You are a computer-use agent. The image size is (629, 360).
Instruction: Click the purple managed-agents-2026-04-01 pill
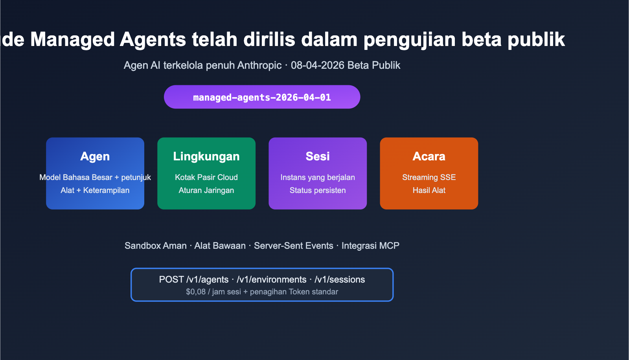click(262, 97)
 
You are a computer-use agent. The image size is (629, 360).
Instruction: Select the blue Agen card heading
click(95, 156)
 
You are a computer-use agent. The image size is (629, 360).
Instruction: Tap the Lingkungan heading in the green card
click(206, 156)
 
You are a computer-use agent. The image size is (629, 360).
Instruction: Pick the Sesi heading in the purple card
click(318, 156)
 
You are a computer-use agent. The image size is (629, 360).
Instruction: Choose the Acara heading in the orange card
click(429, 156)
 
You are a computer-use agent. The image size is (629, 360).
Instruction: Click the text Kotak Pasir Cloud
click(206, 177)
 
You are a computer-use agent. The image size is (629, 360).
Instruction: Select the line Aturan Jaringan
click(206, 190)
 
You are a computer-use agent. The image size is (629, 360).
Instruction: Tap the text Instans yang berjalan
click(318, 177)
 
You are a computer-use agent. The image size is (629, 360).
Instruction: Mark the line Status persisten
click(318, 190)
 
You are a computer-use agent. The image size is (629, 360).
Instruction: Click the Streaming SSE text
click(429, 177)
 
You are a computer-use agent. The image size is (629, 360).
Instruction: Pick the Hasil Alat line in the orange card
click(429, 190)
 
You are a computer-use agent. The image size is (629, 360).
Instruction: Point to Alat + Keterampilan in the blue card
click(95, 190)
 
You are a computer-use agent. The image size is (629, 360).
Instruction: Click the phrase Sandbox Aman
click(156, 246)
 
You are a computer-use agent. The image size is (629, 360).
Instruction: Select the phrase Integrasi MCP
click(370, 246)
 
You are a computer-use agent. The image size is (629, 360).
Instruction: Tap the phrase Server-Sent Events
click(294, 246)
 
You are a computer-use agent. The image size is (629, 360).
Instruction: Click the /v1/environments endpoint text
click(272, 279)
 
